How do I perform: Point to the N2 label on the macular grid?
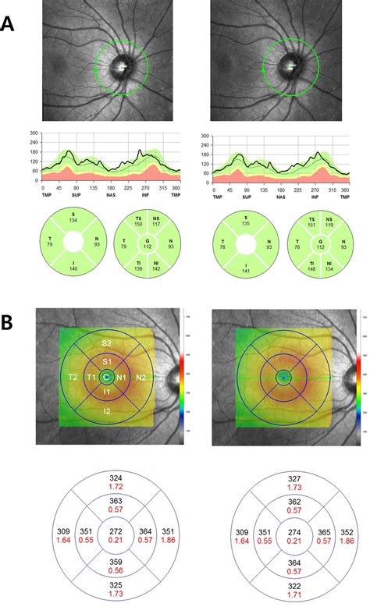(x=141, y=377)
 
